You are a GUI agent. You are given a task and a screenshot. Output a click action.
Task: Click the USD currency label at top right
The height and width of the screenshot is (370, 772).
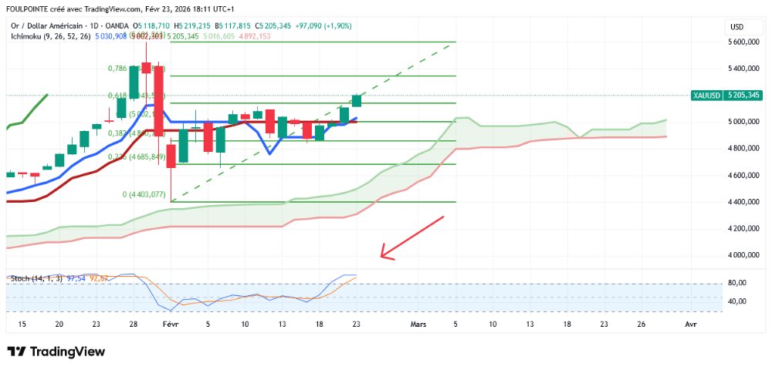(736, 27)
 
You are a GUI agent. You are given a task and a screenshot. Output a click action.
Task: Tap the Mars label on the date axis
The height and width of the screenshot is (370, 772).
(418, 325)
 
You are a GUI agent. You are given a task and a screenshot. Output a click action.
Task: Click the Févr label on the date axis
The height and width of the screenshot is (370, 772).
(170, 325)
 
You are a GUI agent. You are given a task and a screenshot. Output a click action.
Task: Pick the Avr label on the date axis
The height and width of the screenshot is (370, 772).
(690, 325)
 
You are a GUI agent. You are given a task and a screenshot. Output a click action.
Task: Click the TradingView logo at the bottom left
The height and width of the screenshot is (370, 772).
(56, 351)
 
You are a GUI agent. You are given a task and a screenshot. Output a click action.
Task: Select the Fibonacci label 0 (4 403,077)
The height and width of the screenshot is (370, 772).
(144, 194)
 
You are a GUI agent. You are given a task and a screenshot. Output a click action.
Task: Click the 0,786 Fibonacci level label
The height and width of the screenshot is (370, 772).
(117, 69)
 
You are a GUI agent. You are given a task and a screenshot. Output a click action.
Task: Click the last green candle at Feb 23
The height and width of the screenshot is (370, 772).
(357, 100)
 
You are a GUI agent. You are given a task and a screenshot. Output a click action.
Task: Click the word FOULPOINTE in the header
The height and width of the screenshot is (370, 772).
(28, 9)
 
